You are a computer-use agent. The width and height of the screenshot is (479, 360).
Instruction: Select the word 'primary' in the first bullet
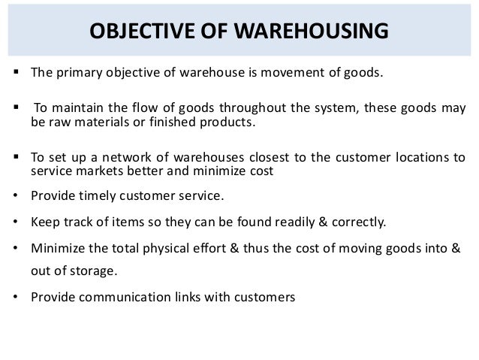pos(79,74)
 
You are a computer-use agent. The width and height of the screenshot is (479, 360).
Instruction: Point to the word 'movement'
pos(294,74)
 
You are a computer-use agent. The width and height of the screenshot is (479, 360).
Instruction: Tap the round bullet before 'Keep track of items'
pos(16,222)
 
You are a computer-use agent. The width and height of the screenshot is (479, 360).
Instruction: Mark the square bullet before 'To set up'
pos(15,158)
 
